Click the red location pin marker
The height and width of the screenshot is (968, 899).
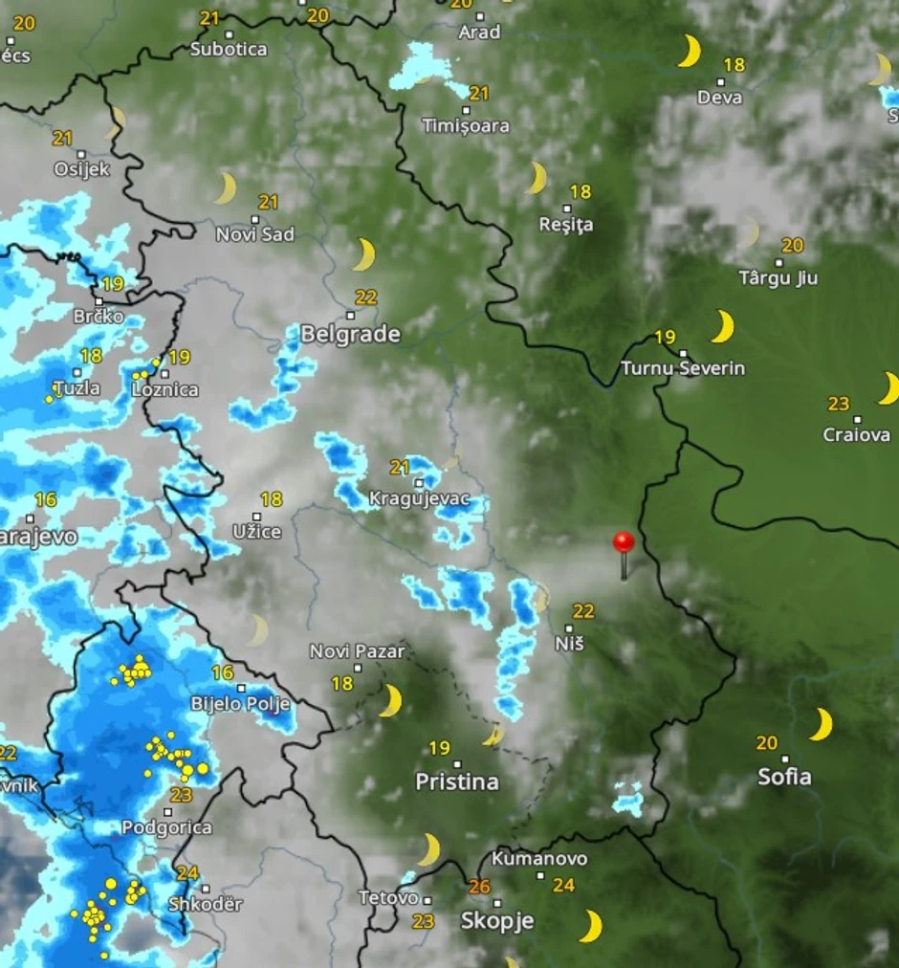click(624, 544)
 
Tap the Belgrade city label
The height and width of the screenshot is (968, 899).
click(350, 334)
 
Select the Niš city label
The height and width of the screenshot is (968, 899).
click(569, 644)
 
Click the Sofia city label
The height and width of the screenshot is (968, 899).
click(784, 776)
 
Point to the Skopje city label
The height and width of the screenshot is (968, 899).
click(496, 921)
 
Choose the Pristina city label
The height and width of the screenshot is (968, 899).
click(457, 781)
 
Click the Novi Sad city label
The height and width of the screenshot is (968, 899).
click(254, 234)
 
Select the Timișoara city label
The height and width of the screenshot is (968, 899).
click(466, 125)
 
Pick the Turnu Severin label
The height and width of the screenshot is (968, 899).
click(683, 368)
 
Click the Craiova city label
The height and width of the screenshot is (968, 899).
click(856, 435)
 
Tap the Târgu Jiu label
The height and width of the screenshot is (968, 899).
click(778, 278)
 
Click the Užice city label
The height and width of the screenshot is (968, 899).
click(257, 531)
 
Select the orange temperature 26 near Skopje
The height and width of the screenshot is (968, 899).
click(479, 887)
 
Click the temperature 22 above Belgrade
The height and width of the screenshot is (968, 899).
click(365, 297)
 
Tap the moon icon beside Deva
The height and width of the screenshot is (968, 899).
click(689, 51)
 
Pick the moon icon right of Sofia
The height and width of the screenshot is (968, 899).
click(822, 724)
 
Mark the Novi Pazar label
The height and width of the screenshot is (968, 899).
click(357, 651)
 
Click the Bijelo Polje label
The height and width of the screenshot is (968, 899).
click(240, 704)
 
